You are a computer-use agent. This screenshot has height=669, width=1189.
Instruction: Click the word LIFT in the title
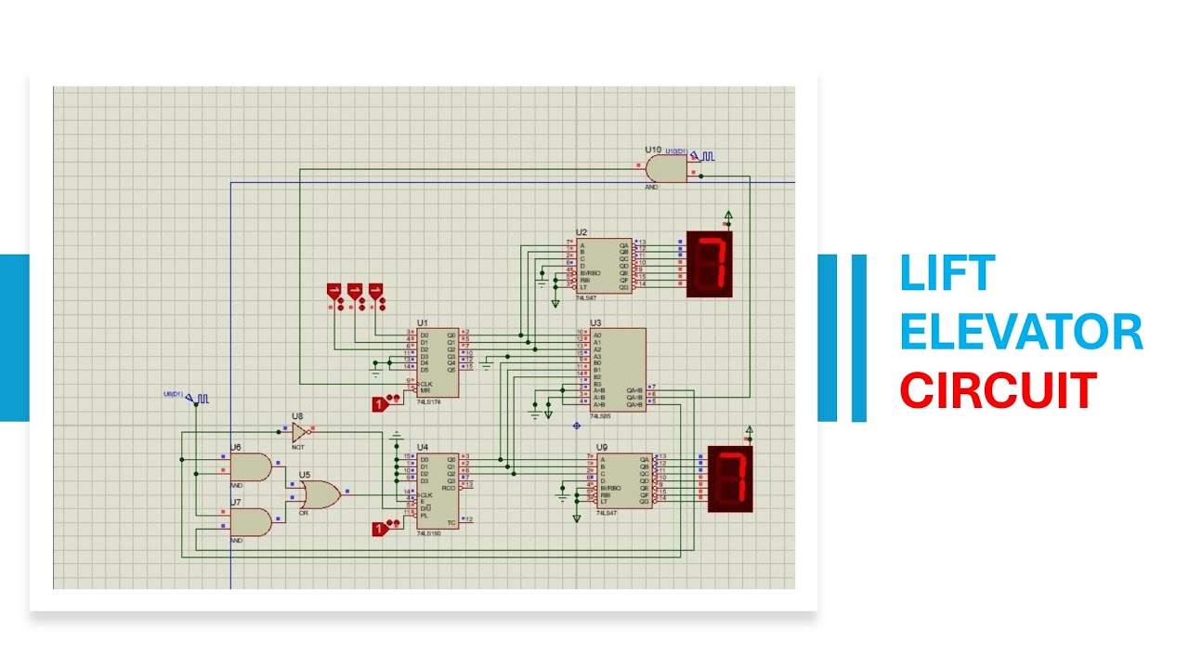947,275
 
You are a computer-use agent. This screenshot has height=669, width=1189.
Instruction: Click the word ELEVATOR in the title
1021,333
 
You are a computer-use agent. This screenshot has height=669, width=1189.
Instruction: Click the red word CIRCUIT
998,390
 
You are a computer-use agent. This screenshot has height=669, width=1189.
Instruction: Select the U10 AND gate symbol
665,168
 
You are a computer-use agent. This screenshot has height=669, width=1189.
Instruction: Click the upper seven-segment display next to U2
710,265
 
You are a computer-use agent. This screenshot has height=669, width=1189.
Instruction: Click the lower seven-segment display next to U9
730,479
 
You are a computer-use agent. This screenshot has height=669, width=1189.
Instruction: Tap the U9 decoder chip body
625,480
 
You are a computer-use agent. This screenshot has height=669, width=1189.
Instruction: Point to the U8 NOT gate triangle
299,431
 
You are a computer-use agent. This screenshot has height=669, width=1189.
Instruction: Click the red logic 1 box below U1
379,403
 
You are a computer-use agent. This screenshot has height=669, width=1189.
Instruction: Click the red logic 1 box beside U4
379,529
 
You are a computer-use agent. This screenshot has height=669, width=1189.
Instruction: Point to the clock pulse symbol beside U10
708,157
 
